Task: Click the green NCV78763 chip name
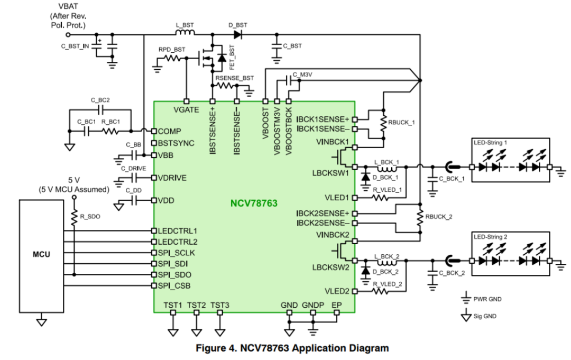[x=254, y=203]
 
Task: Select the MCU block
[x=41, y=254]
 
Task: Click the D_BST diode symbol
[x=237, y=34]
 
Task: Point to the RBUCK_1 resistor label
[x=401, y=122]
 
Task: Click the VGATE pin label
[x=186, y=110]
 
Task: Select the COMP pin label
[x=169, y=131]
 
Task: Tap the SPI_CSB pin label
[x=174, y=286]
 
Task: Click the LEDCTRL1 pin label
[x=177, y=231]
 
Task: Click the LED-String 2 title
[x=491, y=237]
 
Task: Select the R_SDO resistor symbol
[x=74, y=217]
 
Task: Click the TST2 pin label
[x=196, y=305]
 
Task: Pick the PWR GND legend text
[x=489, y=299]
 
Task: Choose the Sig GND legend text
[x=486, y=316]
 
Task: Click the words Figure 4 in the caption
[x=217, y=348]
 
